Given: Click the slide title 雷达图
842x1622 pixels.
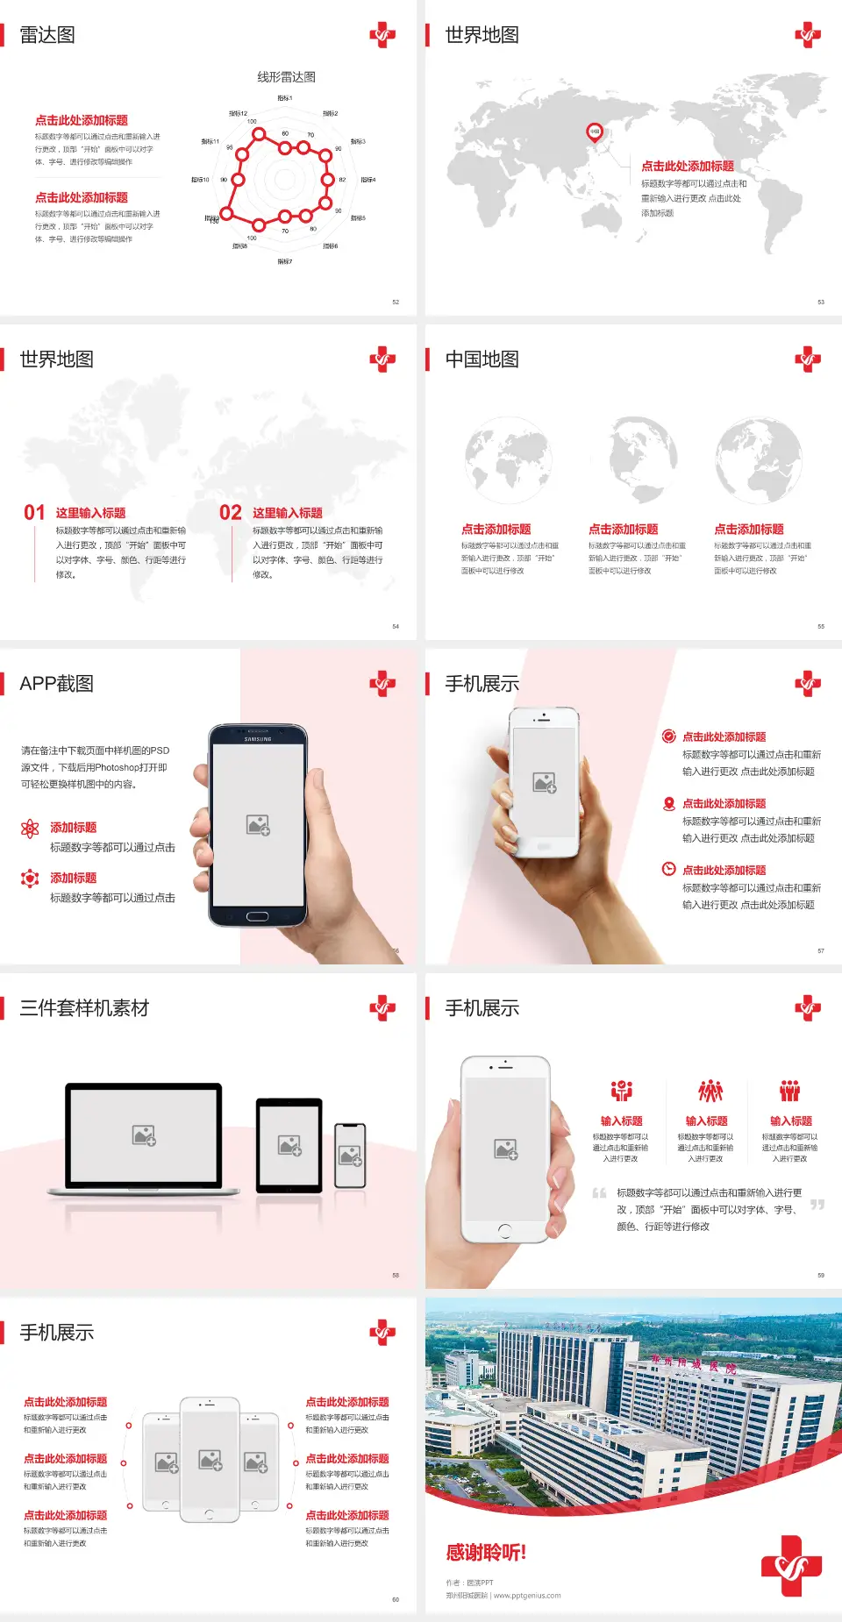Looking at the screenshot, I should pyautogui.click(x=47, y=35).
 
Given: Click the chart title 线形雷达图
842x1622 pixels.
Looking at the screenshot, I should pyautogui.click(x=286, y=77).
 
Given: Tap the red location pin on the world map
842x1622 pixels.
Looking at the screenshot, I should pyautogui.click(x=595, y=132).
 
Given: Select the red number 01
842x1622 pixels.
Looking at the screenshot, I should pyautogui.click(x=34, y=513).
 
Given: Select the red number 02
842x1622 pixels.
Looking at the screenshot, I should pyautogui.click(x=231, y=513).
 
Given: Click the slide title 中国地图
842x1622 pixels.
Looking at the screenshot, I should pyautogui.click(x=482, y=359).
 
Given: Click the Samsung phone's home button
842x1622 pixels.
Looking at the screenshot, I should pyautogui.click(x=257, y=916).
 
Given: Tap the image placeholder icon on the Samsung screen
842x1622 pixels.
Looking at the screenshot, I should pyautogui.click(x=258, y=825).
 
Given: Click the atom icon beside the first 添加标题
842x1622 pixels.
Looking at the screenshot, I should pyautogui.click(x=30, y=829).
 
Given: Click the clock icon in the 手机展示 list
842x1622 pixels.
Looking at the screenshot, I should pyautogui.click(x=668, y=869).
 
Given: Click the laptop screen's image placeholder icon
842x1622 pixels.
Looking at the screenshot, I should pyautogui.click(x=144, y=1135).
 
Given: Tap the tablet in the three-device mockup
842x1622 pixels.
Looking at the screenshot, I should pyautogui.click(x=289, y=1145).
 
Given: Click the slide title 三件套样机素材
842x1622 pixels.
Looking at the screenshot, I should pyautogui.click(x=84, y=1008).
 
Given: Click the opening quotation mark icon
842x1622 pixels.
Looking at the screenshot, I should pyautogui.click(x=599, y=1193).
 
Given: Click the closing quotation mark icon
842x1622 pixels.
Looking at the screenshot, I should pyautogui.click(x=817, y=1205).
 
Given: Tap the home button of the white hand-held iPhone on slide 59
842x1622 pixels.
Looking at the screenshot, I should pyautogui.click(x=504, y=1231).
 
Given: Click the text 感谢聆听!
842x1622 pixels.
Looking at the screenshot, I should pyautogui.click(x=486, y=1553).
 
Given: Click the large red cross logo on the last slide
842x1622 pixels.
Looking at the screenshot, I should pyautogui.click(x=791, y=1565).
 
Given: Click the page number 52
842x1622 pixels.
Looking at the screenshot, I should pyautogui.click(x=396, y=302).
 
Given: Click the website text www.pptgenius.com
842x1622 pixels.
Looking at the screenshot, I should pyautogui.click(x=527, y=1596).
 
